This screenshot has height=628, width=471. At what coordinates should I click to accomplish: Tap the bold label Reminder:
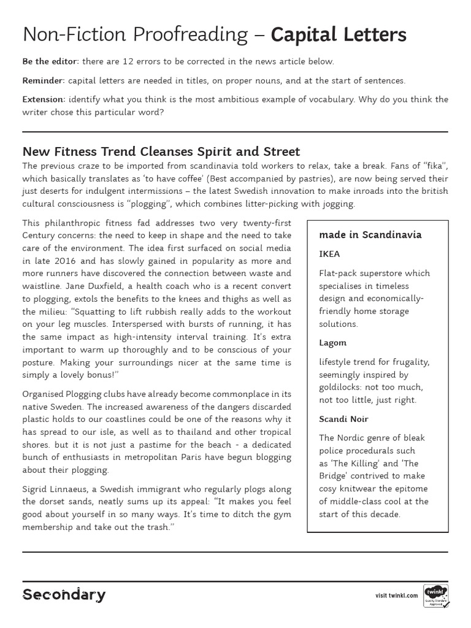coord(43,80)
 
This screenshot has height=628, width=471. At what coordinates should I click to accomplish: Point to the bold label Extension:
coord(44,99)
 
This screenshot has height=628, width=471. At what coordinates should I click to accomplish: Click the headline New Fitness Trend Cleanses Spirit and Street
coord(161,151)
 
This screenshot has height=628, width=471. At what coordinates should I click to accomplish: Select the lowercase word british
coord(432,191)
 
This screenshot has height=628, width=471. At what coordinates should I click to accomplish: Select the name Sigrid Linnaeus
coord(56,489)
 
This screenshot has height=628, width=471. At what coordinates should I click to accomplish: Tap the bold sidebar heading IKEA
coord(329,254)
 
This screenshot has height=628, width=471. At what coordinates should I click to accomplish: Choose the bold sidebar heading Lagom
coord(333,343)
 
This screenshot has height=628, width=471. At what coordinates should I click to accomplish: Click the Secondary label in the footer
coord(64,594)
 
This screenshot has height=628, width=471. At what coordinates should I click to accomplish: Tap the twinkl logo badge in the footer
coord(435,594)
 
